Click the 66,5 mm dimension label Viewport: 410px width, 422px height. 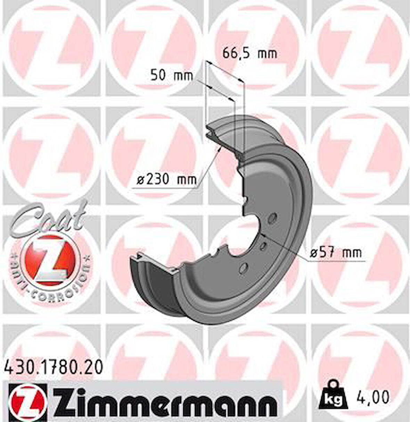click(249, 53)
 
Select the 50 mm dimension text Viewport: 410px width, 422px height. click(171, 75)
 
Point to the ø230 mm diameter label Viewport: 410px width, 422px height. click(166, 179)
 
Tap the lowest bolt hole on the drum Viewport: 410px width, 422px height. click(244, 267)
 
